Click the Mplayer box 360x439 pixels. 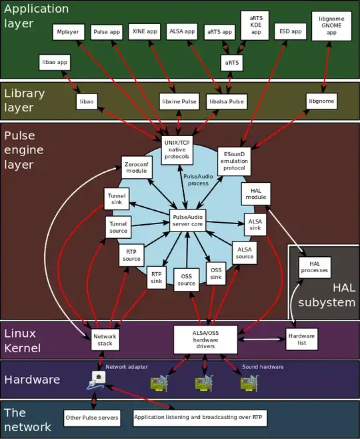[67, 31]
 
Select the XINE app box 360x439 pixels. [145, 31]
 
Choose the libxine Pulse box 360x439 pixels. [179, 101]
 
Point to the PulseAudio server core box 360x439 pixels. [187, 220]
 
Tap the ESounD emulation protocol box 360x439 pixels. [235, 159]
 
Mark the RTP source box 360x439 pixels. [131, 255]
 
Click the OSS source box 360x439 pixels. [187, 279]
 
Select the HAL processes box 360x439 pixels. [315, 267]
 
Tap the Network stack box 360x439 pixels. [105, 340]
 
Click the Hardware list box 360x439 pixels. [301, 338]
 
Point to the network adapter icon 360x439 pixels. [96, 381]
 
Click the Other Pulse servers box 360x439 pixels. [92, 419]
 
